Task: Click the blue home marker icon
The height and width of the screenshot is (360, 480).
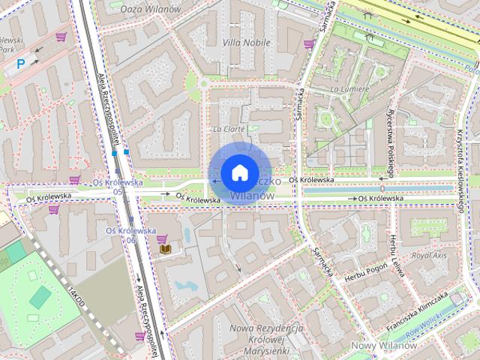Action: (x=238, y=172)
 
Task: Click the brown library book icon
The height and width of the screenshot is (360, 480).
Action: (x=163, y=249)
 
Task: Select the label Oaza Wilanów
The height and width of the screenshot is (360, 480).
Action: (x=156, y=8)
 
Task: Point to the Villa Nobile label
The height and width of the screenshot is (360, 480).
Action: (x=247, y=43)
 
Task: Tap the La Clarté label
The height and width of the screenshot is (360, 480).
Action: (x=229, y=129)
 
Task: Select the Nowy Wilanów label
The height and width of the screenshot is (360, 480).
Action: (x=384, y=346)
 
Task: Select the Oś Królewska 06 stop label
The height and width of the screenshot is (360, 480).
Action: (x=131, y=235)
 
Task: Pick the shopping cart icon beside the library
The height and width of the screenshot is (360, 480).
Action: (x=162, y=238)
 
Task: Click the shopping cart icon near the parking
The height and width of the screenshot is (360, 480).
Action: (x=61, y=36)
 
